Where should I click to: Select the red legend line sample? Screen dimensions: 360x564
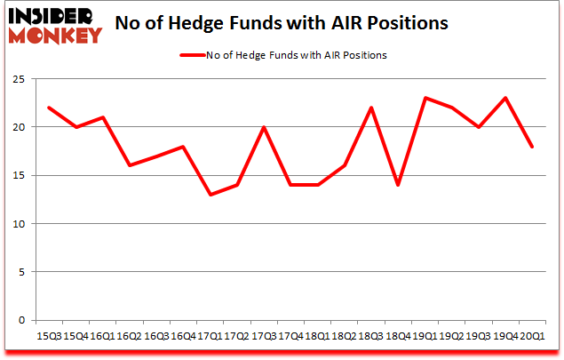pos(197,55)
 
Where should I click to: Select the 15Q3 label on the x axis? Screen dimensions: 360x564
pos(50,335)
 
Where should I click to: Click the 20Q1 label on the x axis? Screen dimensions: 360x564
pos(531,335)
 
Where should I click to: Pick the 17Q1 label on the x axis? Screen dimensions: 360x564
pos(211,335)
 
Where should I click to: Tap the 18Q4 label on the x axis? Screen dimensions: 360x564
pos(398,335)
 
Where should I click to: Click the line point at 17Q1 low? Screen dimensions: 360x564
pos(211,195)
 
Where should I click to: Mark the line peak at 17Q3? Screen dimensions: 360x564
pos(264,127)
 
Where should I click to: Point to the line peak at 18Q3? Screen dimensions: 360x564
pos(371,108)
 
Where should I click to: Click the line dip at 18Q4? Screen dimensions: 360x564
pos(398,185)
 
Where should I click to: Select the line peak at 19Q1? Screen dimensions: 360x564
pos(425,99)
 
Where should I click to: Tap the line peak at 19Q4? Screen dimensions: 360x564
pos(504,99)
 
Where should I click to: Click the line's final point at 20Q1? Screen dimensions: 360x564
pos(531,147)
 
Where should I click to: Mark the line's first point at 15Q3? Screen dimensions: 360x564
pos(50,108)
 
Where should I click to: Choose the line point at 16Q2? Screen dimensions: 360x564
pos(130,165)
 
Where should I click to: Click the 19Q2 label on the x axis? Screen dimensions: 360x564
pos(451,335)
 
